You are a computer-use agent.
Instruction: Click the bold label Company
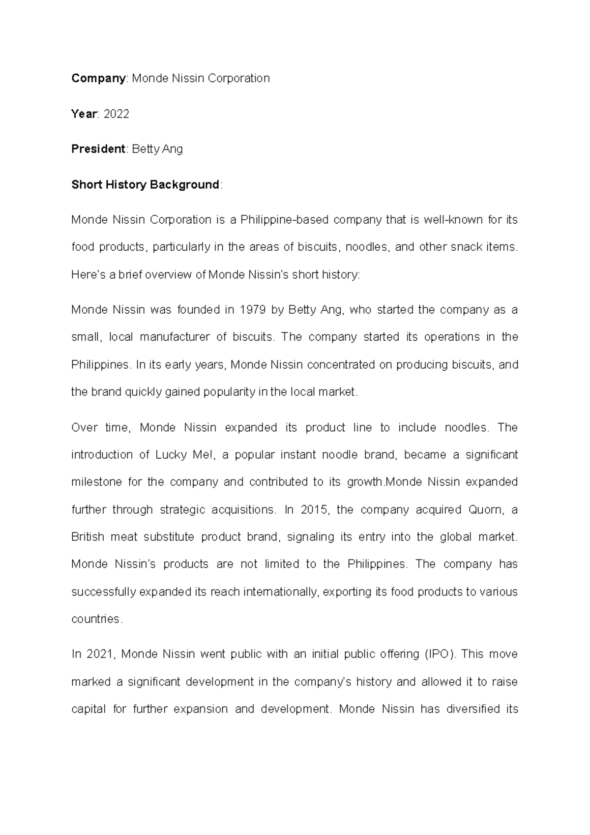98,78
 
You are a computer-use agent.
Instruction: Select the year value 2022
117,114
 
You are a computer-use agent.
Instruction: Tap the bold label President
98,149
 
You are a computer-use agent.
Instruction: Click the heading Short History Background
145,185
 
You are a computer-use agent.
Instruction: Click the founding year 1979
253,310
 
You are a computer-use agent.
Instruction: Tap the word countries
95,619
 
